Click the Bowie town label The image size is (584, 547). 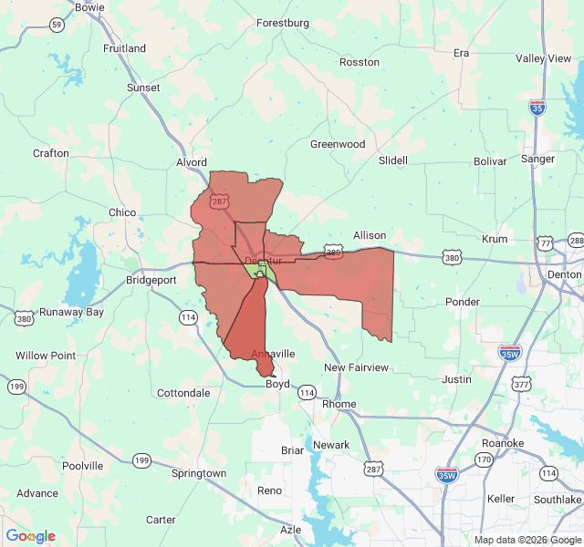click(x=89, y=7)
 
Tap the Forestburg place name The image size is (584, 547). click(x=283, y=23)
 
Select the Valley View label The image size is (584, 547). click(x=543, y=58)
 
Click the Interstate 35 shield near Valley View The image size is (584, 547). click(x=537, y=108)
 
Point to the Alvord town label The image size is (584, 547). click(x=192, y=163)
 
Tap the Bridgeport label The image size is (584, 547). click(x=151, y=280)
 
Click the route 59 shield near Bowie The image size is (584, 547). click(x=57, y=25)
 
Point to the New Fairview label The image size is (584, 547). click(x=356, y=367)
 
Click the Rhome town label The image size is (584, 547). click(x=339, y=404)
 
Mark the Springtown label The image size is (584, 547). click(x=199, y=473)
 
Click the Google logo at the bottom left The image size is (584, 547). click(x=30, y=536)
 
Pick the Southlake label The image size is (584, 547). click(x=558, y=500)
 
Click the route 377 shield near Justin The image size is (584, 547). click(x=521, y=385)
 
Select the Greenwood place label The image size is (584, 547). click(x=338, y=144)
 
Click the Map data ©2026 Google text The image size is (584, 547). click(x=527, y=540)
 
